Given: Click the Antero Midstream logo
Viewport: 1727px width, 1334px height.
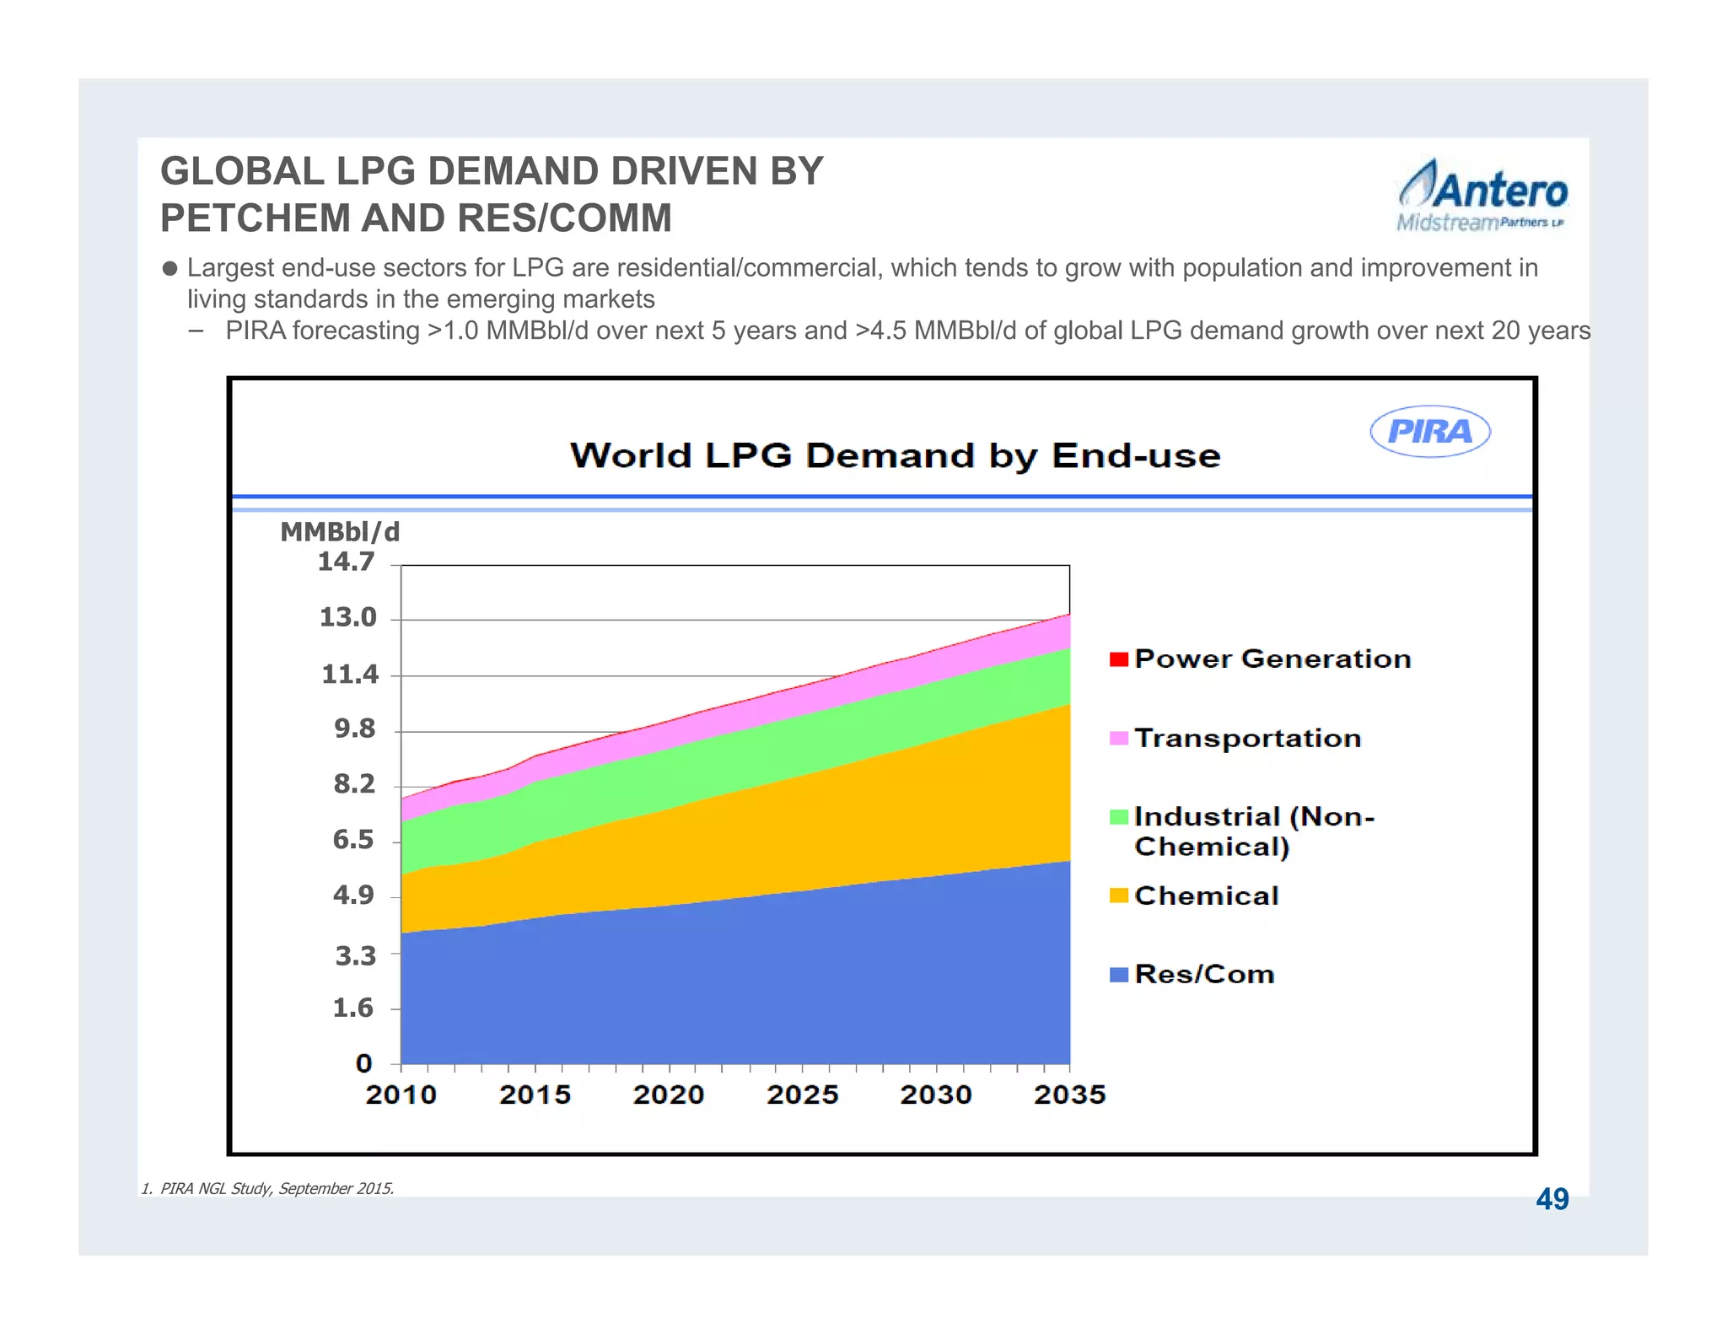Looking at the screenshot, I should [1482, 196].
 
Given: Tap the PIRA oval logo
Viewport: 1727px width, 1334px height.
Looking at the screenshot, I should [1429, 432].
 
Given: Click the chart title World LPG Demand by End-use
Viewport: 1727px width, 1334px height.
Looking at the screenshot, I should [895, 455].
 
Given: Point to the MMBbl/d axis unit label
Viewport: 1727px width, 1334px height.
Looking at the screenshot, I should [340, 532].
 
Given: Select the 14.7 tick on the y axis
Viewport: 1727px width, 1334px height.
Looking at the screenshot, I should [346, 562].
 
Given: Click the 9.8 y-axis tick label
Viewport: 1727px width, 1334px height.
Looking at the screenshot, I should [355, 729].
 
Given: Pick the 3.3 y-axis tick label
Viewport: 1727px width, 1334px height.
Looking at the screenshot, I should [355, 955].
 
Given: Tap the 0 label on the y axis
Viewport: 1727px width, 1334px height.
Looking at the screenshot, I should [363, 1063].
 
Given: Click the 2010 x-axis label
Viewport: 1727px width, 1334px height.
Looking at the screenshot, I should [401, 1095].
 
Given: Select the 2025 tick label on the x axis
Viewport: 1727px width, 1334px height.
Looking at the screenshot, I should [802, 1095].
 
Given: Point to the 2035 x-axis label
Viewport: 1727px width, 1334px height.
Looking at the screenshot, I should [1069, 1095].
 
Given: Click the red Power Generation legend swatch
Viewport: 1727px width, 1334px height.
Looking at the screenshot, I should [1118, 659].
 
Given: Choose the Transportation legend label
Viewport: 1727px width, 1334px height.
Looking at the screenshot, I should [1247, 738].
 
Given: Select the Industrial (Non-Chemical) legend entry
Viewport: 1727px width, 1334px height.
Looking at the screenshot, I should [1253, 831].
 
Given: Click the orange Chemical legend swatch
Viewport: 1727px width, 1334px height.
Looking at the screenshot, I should [1118, 896].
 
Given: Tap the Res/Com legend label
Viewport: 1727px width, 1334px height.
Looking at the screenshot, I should [1204, 974].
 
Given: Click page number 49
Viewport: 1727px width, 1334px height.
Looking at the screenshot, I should [1552, 1199].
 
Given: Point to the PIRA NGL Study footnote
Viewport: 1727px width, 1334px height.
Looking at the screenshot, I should [268, 1188].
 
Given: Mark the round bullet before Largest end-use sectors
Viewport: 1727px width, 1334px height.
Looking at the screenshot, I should [169, 269].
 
